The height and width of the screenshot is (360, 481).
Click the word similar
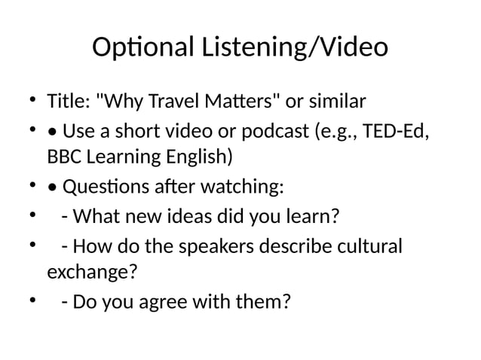tap(335, 101)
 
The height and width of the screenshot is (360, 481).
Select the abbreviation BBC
tap(63, 158)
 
